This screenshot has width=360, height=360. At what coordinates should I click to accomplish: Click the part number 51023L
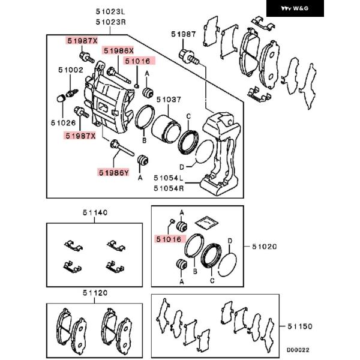(110, 11)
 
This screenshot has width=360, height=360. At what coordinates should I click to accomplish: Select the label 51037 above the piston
(169, 100)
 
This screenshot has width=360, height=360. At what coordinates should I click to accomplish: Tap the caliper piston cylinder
(166, 129)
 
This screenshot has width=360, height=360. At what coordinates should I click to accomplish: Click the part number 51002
(71, 70)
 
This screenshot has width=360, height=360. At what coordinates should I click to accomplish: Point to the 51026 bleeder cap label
(64, 123)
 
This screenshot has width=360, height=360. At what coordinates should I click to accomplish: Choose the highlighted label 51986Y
(113, 172)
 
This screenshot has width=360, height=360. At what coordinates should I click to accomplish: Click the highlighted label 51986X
(118, 50)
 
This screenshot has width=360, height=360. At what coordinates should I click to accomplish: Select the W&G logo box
(295, 8)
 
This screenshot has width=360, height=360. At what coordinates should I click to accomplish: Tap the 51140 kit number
(95, 212)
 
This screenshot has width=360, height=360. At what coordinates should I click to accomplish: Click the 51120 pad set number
(95, 293)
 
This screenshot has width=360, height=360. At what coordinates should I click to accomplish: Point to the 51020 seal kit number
(265, 247)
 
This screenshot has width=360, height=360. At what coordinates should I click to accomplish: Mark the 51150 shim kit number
(300, 326)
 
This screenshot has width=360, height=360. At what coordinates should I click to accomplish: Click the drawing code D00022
(298, 350)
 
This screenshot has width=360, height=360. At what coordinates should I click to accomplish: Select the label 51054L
(169, 178)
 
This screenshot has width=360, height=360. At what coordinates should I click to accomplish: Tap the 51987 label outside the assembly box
(184, 34)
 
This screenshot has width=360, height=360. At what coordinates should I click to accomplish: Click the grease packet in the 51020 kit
(206, 222)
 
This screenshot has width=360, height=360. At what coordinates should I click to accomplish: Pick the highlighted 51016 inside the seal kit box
(169, 239)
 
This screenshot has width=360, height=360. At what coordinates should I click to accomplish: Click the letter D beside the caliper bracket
(182, 167)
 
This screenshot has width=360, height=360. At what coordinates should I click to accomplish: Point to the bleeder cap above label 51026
(61, 98)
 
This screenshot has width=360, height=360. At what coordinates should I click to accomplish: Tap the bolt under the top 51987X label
(87, 58)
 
